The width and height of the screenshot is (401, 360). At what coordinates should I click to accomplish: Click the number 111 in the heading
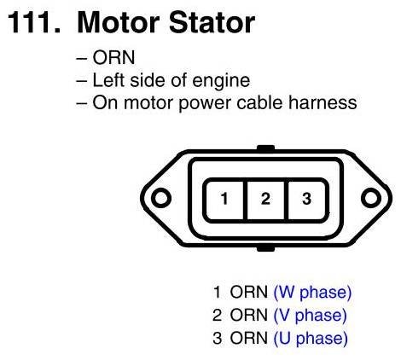pyautogui.click(x=34, y=23)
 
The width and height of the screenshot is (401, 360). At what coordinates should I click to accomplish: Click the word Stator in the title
pyautogui.click(x=212, y=23)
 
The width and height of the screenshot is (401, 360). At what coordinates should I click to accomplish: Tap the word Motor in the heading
pyautogui.click(x=118, y=23)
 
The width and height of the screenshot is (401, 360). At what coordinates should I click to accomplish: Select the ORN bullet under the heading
pyautogui.click(x=113, y=58)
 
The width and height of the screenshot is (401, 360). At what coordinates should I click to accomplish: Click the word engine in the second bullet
pyautogui.click(x=221, y=81)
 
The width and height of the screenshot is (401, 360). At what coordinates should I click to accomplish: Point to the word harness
pyautogui.click(x=323, y=102)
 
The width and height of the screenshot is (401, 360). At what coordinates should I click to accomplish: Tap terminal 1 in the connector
pyautogui.click(x=224, y=199)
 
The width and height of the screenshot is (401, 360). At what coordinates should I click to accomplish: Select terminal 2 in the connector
pyautogui.click(x=265, y=199)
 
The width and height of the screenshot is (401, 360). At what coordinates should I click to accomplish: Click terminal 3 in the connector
pyautogui.click(x=307, y=199)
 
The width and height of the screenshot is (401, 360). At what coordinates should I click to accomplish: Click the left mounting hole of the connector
pyautogui.click(x=161, y=198)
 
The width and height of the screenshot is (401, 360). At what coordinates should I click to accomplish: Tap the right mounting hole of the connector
pyautogui.click(x=371, y=198)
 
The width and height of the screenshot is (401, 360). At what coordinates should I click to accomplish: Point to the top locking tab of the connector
pyautogui.click(x=265, y=148)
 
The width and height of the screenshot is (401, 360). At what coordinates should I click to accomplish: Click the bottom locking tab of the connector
pyautogui.click(x=265, y=249)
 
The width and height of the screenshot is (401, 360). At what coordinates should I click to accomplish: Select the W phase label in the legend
pyautogui.click(x=312, y=293)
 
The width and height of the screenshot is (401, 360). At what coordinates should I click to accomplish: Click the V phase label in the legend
pyautogui.click(x=310, y=316)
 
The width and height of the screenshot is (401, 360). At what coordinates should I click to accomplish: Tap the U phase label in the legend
pyautogui.click(x=311, y=339)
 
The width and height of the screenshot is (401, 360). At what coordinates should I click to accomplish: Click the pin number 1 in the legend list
pyautogui.click(x=217, y=292)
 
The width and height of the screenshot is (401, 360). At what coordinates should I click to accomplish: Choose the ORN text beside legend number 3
pyautogui.click(x=249, y=338)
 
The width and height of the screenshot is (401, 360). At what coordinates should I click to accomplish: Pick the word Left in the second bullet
pyautogui.click(x=109, y=80)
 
